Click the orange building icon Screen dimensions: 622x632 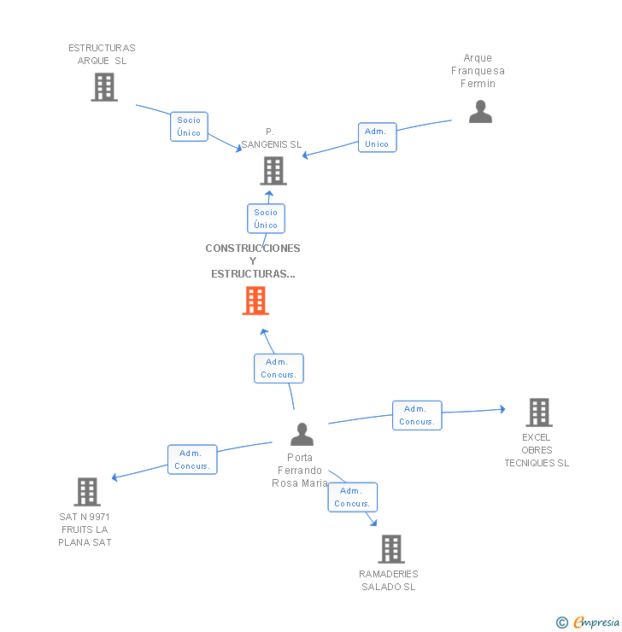[255, 301]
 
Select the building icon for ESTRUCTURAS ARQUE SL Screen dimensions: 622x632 [104, 86]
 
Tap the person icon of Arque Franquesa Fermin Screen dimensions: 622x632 [480, 112]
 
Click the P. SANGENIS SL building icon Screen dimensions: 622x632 [273, 171]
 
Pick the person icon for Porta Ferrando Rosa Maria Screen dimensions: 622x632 [302, 434]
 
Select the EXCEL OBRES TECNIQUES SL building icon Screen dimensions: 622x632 [539, 413]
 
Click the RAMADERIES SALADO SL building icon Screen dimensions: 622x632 [391, 548]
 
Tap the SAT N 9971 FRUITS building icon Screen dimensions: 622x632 [87, 492]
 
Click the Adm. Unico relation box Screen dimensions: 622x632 [378, 138]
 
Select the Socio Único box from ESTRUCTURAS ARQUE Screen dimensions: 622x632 [189, 126]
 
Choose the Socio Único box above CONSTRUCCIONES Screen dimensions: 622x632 [266, 219]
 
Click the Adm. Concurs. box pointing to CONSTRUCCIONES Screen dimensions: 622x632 [279, 368]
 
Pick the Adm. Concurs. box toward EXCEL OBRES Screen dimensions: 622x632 [417, 416]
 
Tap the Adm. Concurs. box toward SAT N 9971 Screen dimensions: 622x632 [192, 459]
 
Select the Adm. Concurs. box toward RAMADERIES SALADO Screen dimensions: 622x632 [353, 497]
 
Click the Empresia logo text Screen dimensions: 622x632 [596, 622]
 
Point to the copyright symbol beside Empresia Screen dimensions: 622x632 [562, 623]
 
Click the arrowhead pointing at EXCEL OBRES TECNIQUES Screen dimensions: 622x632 [502, 409]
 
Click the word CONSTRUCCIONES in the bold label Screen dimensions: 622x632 [253, 249]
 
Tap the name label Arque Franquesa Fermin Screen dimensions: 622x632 [478, 71]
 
